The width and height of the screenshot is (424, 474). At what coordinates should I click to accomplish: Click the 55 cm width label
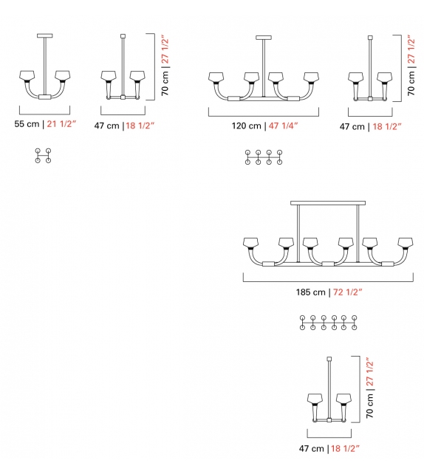[27, 124]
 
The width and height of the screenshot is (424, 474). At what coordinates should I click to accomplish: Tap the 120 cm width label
[247, 126]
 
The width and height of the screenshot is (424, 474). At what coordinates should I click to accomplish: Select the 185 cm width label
[310, 292]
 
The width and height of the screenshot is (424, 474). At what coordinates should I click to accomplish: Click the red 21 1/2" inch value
[61, 124]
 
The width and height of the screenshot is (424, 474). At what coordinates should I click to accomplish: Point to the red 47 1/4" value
[284, 126]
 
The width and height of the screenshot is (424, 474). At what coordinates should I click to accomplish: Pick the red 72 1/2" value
[347, 292]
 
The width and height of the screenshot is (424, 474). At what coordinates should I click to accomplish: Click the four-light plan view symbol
[43, 156]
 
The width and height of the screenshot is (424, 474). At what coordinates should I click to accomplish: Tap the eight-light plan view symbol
[264, 157]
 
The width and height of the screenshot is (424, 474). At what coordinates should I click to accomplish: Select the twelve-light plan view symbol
[329, 323]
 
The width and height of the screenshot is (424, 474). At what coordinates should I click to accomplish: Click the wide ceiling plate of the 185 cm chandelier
[328, 203]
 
